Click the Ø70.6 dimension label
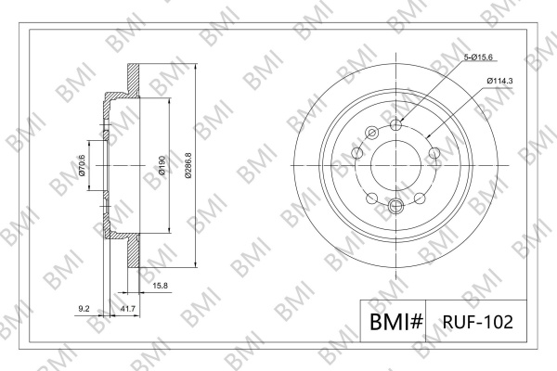(82, 165)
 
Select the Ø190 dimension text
(162, 165)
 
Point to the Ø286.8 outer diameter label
(188, 165)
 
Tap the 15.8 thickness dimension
(161, 286)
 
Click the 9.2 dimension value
(84, 309)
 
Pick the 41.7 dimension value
(128, 309)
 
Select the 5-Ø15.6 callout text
(479, 58)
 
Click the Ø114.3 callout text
(499, 81)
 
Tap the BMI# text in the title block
(396, 322)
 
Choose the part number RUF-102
(478, 322)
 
